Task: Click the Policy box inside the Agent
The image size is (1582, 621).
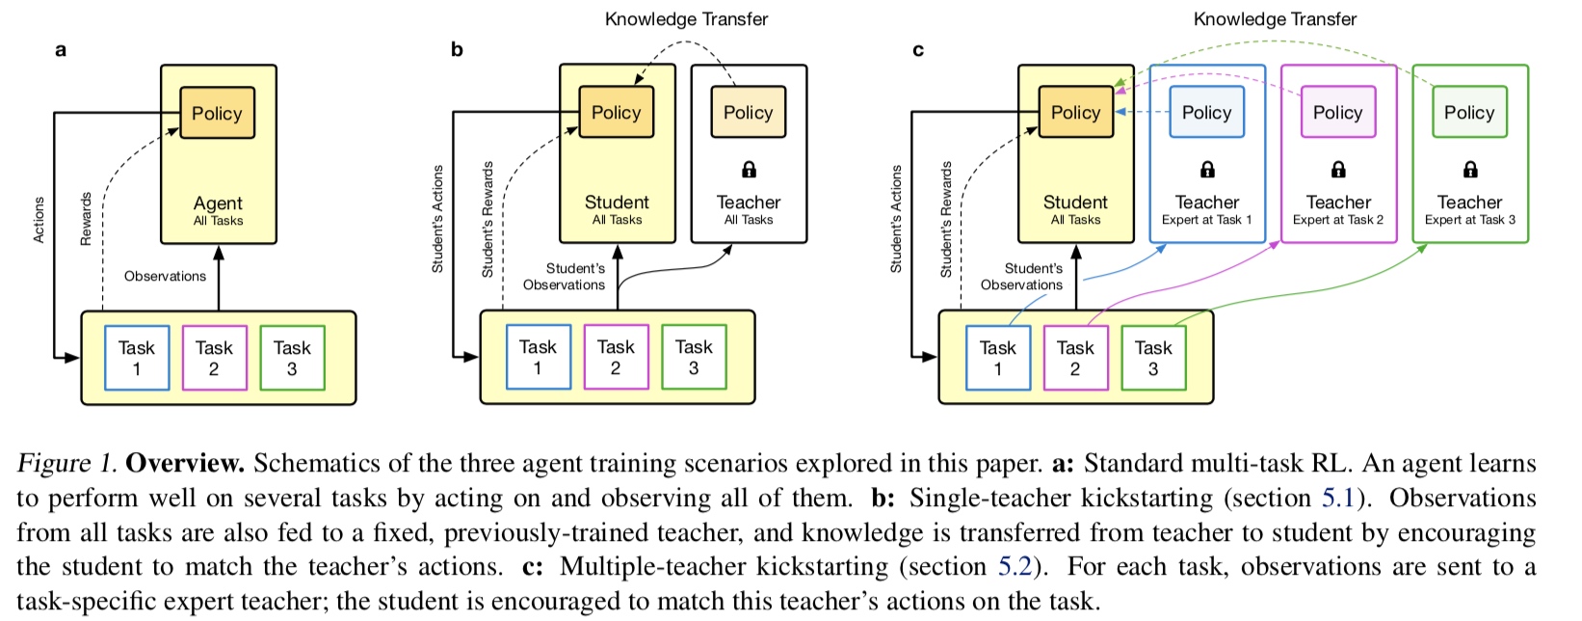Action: coord(217,113)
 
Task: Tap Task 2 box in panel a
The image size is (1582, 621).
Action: coord(214,358)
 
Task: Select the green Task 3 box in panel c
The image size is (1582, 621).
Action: coord(1153,358)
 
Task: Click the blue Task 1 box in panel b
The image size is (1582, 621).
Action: coord(538,358)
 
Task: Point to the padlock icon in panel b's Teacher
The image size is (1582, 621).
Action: coord(749,170)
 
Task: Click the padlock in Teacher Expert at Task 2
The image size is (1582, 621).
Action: coord(1338,170)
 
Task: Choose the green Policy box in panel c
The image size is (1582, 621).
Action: coord(1468,112)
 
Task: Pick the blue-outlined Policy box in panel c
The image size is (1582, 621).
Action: coord(1206,112)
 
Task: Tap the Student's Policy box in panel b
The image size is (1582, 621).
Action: coord(616,112)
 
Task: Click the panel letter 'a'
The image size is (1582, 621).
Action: coord(61,50)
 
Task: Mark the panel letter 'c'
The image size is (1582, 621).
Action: coord(918,50)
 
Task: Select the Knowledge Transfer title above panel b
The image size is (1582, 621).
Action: coord(686,19)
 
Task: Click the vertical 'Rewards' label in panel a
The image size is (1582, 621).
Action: coord(86,219)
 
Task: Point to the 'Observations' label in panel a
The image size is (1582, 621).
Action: coord(165,276)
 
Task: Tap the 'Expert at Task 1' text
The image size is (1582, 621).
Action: coord(1206,220)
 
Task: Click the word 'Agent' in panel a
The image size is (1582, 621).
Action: coord(218,202)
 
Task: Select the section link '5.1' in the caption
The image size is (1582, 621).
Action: coord(1338,498)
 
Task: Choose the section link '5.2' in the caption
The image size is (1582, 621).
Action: coord(1015,566)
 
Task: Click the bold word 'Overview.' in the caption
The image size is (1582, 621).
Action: coord(185,463)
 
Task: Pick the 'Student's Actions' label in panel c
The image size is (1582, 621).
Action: coord(896,219)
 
